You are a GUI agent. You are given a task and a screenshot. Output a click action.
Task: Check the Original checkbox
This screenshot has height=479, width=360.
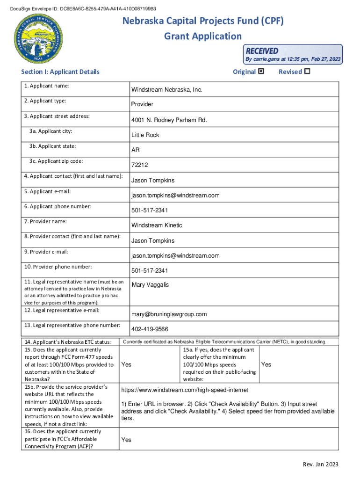261,72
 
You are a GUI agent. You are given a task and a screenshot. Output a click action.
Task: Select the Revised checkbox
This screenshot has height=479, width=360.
307,72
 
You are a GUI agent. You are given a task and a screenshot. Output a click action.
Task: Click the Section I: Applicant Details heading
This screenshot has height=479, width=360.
60,72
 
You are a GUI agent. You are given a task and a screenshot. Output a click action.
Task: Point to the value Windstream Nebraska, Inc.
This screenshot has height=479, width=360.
167,89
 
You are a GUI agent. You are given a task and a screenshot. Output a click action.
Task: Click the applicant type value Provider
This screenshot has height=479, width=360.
142,104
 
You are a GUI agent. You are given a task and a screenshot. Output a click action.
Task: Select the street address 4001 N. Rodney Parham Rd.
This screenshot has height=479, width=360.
169,120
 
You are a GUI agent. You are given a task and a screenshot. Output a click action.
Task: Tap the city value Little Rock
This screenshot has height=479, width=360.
145,135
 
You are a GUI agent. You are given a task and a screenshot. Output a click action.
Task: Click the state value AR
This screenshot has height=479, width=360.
136,150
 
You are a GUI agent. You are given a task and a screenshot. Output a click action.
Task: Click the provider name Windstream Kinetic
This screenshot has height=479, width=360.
157,225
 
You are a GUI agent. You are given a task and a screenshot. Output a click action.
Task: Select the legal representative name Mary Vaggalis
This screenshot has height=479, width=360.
151,285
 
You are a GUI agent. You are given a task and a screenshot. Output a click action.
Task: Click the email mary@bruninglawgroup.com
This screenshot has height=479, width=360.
169,314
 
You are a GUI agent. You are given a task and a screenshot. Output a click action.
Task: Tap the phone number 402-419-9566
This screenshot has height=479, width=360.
150,329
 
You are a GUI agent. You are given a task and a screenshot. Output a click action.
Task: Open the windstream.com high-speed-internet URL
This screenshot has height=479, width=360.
185,390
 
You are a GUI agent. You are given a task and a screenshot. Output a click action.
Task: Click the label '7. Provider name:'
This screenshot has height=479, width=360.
46,221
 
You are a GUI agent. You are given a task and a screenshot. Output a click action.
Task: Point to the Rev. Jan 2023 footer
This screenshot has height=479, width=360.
320,464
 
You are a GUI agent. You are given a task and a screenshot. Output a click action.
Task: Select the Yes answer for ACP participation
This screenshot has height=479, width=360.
126,440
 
